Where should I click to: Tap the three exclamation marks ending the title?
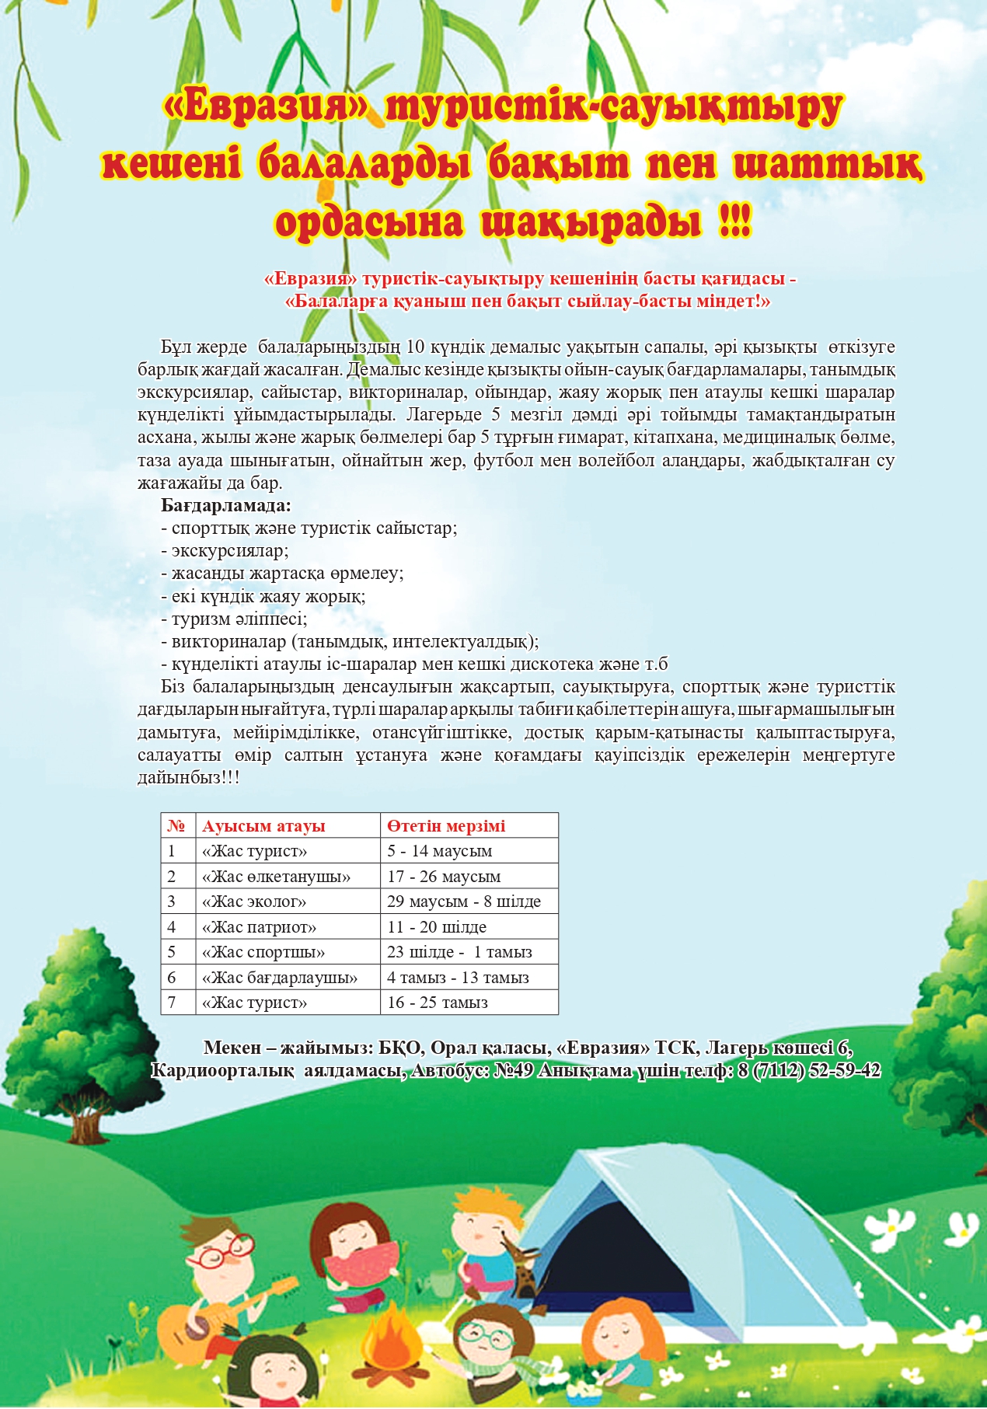pos(735,223)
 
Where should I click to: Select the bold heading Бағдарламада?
pos(226,506)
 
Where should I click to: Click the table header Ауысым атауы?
pos(263,826)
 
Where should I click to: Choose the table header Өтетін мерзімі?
pos(446,826)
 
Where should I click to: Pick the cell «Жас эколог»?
pos(254,902)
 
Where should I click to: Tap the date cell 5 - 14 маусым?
pos(440,851)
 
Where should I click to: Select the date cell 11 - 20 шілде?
pos(437,927)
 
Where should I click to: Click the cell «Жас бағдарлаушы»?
pos(280,978)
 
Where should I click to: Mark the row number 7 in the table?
pos(172,1003)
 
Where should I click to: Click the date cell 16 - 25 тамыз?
pos(438,1003)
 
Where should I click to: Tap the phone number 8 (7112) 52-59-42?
pos(809,1071)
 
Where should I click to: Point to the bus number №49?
pos(514,1071)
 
